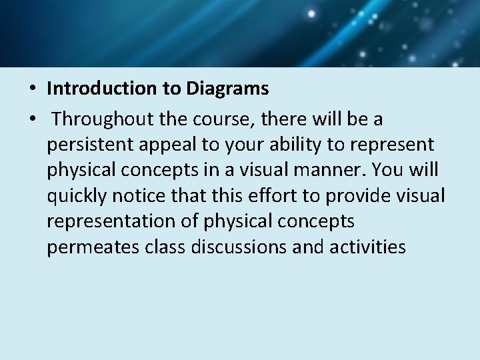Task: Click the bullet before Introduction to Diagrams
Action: [32, 89]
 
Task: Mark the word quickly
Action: [75, 195]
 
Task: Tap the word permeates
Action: [91, 247]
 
